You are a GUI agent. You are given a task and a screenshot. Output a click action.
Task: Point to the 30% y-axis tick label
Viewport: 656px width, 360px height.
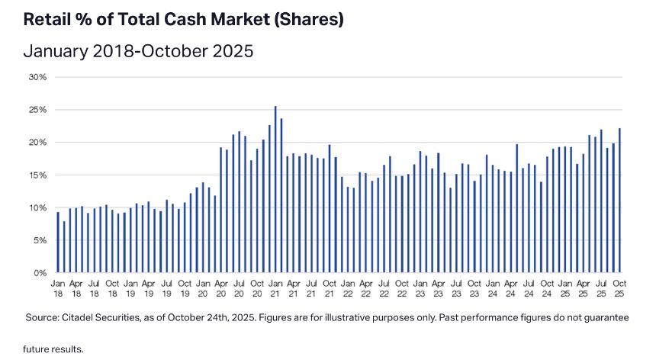[38, 77]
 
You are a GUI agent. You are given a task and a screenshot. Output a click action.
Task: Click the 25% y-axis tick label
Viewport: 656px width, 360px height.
[38, 110]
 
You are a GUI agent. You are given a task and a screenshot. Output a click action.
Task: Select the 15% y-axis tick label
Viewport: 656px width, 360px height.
[38, 175]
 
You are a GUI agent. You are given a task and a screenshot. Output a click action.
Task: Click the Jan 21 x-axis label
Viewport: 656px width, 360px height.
[275, 288]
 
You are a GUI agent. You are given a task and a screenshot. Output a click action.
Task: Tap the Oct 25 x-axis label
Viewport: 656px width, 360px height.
[619, 288]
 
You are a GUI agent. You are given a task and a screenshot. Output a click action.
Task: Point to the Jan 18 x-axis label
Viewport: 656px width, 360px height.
[57, 288]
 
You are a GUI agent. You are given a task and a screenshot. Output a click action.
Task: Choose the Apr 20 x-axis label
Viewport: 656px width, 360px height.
[220, 288]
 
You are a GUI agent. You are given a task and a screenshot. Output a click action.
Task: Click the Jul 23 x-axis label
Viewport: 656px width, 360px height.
[456, 288]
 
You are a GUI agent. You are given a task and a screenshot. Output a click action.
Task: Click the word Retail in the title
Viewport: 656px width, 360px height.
[47, 21]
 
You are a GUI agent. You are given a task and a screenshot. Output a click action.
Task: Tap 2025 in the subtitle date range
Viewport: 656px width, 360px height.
[228, 52]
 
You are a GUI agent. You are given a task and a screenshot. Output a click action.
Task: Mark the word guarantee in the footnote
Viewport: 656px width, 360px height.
[606, 317]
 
